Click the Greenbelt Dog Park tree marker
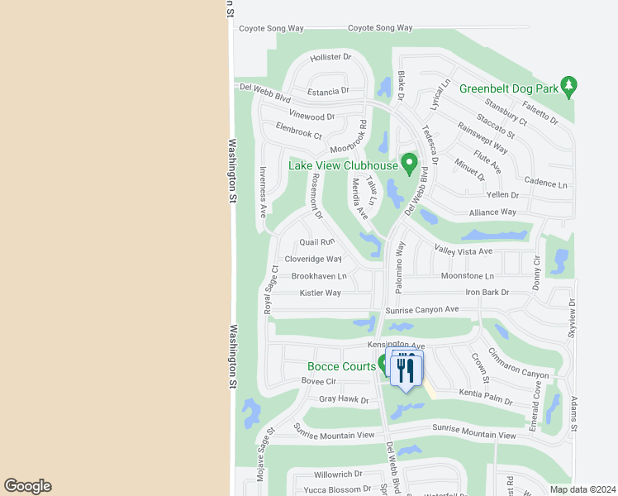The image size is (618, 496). point(568,86)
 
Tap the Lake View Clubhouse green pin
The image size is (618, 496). point(408,163)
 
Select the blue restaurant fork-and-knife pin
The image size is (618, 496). point(405,369)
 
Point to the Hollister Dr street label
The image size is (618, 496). point(330,58)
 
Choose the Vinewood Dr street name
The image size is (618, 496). point(311,117)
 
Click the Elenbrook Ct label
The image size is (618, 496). point(298,134)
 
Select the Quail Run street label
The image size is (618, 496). point(316,242)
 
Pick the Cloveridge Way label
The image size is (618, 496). point(313,259)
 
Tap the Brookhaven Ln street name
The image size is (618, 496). point(319,276)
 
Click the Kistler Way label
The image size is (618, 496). point(320,293)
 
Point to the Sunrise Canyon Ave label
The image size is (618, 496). point(421,310)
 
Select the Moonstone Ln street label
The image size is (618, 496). point(467,276)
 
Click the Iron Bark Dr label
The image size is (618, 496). point(487,293)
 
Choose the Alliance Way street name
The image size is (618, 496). point(492,212)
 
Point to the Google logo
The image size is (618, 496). point(27,486)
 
